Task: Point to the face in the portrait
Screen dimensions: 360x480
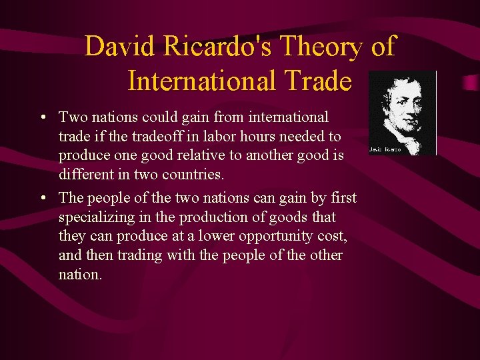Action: click(x=399, y=103)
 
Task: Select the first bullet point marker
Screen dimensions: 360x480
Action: click(x=43, y=118)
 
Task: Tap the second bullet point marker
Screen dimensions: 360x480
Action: click(x=43, y=199)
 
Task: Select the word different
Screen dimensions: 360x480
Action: click(x=85, y=175)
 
